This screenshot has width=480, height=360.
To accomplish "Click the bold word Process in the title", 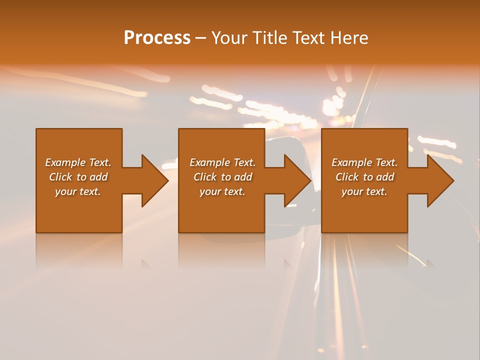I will click(157, 38).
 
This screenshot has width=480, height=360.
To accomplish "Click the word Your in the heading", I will click(230, 38).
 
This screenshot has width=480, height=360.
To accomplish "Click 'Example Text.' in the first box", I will click(78, 162).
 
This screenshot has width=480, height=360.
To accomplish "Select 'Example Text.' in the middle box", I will click(222, 162).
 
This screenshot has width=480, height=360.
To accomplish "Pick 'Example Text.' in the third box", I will click(364, 162).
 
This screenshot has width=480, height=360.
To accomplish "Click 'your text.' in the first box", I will click(78, 191).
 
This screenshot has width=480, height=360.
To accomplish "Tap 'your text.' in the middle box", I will click(222, 191).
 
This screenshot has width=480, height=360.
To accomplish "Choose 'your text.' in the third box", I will click(364, 191).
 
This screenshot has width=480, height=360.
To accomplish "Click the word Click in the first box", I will click(60, 177).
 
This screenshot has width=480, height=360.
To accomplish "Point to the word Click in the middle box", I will click(205, 177).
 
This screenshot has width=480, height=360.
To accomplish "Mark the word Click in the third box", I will click(347, 177).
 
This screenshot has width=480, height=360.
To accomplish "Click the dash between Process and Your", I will click(201, 38).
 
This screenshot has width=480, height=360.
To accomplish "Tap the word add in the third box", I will click(385, 177).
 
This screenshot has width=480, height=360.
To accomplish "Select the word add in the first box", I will click(98, 177).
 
